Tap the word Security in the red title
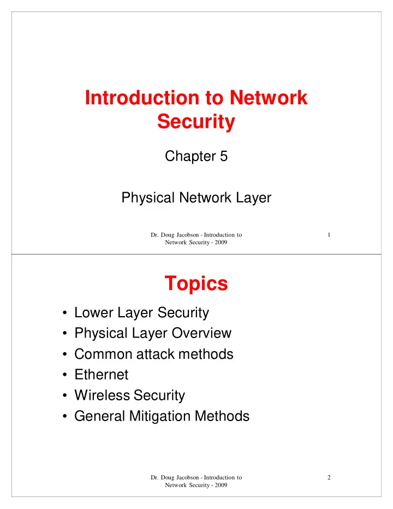tap(196, 122)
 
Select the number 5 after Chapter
tap(224, 156)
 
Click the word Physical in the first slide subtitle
tap(148, 198)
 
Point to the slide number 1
tap(329, 235)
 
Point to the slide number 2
tap(329, 477)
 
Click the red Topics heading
tap(196, 283)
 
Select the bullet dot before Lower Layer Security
tap(65, 313)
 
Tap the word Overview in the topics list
tap(201, 333)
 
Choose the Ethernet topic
tap(101, 374)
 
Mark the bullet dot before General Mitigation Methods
tap(65, 417)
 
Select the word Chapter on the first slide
tap(190, 156)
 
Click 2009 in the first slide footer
tap(221, 242)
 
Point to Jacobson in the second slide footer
tap(188, 477)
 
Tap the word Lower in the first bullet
tap(94, 312)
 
